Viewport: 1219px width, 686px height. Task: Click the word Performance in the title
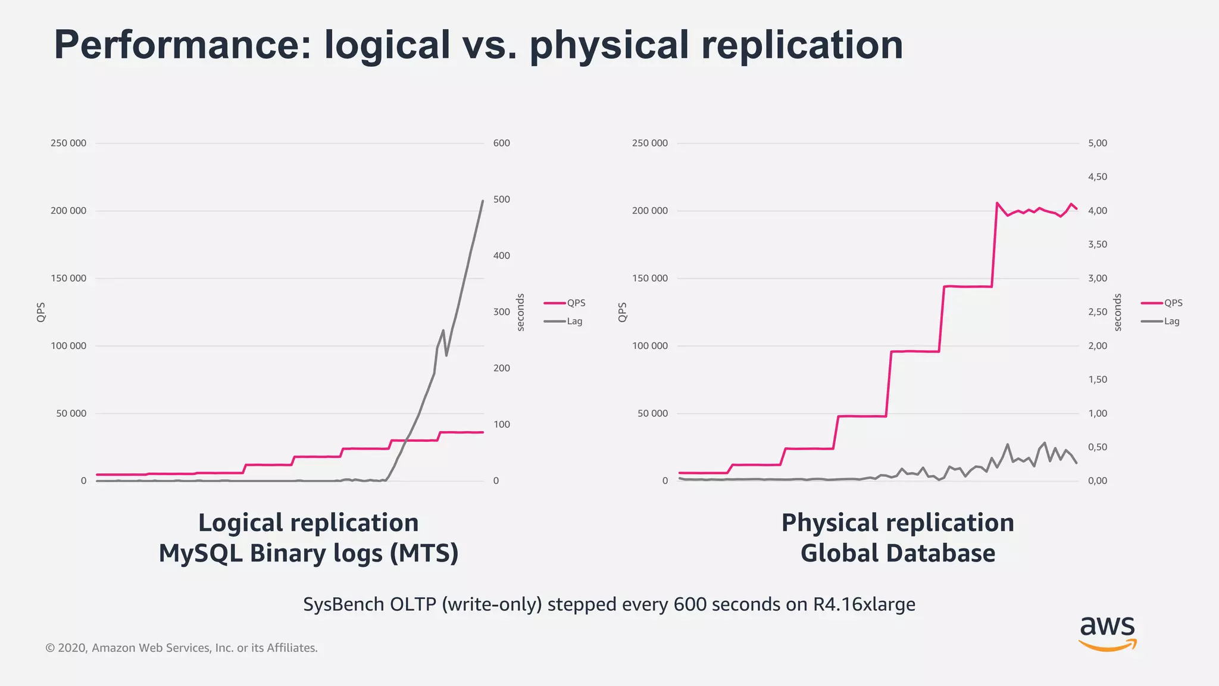pos(182,45)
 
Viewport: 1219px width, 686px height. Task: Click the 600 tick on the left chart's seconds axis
pos(501,143)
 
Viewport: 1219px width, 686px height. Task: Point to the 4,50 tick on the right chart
pos(1097,177)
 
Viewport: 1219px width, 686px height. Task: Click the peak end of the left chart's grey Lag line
pos(482,201)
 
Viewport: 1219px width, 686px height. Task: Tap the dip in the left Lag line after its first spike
pos(446,356)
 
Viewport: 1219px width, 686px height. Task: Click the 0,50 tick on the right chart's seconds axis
pos(1097,447)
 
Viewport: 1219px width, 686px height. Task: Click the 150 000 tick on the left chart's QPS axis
pos(68,278)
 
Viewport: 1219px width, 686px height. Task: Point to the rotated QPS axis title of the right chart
pos(623,312)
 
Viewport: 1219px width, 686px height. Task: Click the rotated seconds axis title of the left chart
pos(520,312)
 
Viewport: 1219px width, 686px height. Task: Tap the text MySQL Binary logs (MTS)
pos(308,553)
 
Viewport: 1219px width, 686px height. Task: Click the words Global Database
pos(898,553)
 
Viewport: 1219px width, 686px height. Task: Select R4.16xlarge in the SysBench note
pos(864,604)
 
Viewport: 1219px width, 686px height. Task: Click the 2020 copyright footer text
pos(182,648)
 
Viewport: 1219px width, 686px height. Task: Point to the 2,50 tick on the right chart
pos(1097,312)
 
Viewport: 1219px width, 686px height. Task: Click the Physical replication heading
pos(898,523)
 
